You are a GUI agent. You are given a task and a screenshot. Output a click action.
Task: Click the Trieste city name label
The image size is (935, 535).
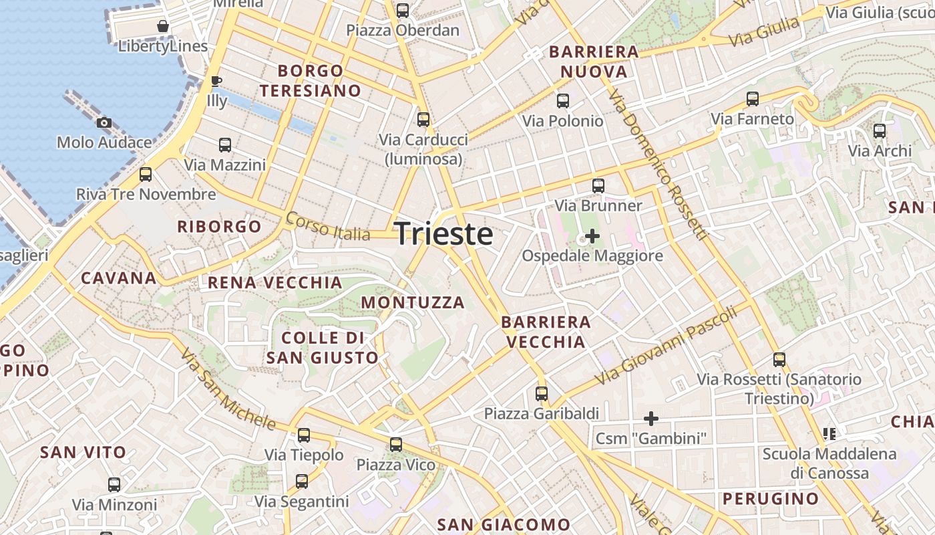(x=444, y=234)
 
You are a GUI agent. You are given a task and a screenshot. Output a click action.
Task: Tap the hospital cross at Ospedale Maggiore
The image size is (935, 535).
(x=592, y=236)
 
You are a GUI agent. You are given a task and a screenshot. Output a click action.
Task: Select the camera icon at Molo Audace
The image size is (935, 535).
(x=104, y=122)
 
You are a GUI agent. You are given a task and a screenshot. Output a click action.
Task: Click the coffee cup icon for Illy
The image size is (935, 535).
(x=216, y=82)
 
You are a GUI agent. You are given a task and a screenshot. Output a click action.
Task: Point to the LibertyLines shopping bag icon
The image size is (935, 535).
(x=162, y=27)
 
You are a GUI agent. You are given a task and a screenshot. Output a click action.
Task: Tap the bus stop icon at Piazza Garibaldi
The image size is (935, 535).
(x=542, y=394)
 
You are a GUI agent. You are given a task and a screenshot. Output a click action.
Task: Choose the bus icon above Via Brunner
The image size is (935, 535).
(x=598, y=186)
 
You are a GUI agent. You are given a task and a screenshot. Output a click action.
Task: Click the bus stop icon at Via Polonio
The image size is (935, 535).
(x=563, y=101)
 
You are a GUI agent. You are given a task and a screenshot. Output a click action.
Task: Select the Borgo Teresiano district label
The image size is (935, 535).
(x=311, y=80)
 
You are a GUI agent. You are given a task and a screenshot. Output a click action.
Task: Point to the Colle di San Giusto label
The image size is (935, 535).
(x=323, y=348)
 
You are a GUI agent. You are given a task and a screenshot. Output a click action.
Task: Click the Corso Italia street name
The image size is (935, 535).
(x=327, y=226)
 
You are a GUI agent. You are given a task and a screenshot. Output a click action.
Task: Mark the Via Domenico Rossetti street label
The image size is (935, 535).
(x=658, y=165)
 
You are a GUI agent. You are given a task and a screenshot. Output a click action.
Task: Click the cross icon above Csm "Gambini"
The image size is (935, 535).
(x=651, y=419)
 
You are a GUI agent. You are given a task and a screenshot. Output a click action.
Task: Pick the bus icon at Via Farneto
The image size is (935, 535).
(x=753, y=99)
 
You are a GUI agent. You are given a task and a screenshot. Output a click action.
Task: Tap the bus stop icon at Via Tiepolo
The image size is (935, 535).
(x=304, y=435)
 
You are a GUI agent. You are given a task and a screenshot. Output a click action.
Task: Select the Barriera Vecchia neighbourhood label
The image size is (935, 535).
(x=546, y=332)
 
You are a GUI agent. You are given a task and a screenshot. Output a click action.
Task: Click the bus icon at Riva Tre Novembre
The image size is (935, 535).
(x=146, y=175)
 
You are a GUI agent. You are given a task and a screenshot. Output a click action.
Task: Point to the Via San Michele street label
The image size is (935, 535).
(x=228, y=390)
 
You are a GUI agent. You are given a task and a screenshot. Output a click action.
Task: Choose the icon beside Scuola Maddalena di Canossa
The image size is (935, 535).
(x=829, y=434)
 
